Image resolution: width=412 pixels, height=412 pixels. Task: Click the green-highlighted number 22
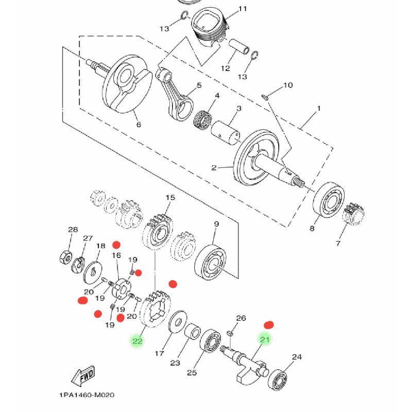click(x=137, y=341)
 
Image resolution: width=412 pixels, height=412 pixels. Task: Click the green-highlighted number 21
click(x=265, y=339)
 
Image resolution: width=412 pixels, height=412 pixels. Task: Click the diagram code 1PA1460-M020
click(x=86, y=396)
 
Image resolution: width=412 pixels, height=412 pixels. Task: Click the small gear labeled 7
click(x=354, y=217)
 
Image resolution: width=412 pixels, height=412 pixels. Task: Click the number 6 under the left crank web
click(x=138, y=124)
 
